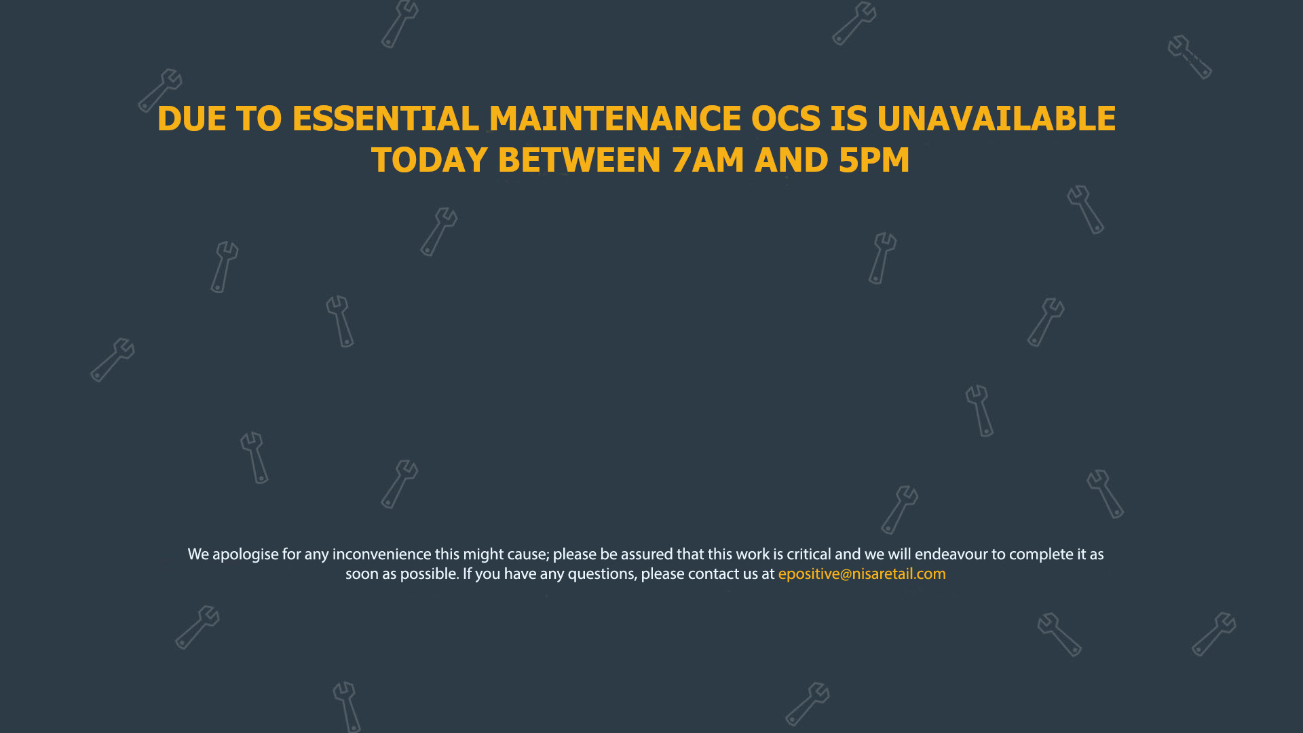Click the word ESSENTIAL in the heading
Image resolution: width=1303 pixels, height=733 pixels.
(x=385, y=119)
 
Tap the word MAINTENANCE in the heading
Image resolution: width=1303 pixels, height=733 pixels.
(x=615, y=119)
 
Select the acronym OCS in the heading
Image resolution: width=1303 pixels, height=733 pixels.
(x=785, y=119)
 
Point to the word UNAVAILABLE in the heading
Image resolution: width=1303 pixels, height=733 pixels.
(x=996, y=119)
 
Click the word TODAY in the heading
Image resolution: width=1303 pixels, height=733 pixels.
(x=429, y=160)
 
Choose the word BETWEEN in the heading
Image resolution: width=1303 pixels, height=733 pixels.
(x=579, y=160)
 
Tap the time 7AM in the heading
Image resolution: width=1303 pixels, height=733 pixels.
(x=708, y=160)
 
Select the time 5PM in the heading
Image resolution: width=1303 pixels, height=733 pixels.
(x=874, y=160)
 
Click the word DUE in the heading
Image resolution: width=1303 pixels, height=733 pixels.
(x=191, y=119)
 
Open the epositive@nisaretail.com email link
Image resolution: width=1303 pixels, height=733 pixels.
(x=862, y=574)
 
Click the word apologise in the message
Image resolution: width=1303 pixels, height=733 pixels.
(x=246, y=555)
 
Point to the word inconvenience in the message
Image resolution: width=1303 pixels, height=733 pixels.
(x=381, y=555)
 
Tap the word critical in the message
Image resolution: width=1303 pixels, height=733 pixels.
(x=809, y=555)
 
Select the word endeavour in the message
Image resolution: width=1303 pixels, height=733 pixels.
(x=951, y=555)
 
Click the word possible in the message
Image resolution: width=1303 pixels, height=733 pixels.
(x=430, y=574)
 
